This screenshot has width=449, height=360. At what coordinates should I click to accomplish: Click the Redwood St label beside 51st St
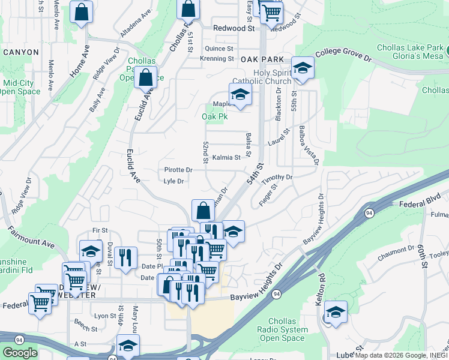[234, 28]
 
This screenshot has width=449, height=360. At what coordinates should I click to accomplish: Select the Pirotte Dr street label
[178, 170]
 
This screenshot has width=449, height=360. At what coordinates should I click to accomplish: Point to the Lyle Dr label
[173, 181]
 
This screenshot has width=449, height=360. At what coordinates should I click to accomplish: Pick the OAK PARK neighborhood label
[262, 59]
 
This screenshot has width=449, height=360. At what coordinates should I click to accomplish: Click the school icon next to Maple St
[240, 95]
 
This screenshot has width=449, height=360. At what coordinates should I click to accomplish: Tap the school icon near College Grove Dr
[303, 68]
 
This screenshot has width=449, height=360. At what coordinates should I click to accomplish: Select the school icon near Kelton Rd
[336, 312]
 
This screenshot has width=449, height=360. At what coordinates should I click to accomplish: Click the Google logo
[20, 353]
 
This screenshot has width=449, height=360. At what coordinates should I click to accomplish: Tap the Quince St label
[218, 49]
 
